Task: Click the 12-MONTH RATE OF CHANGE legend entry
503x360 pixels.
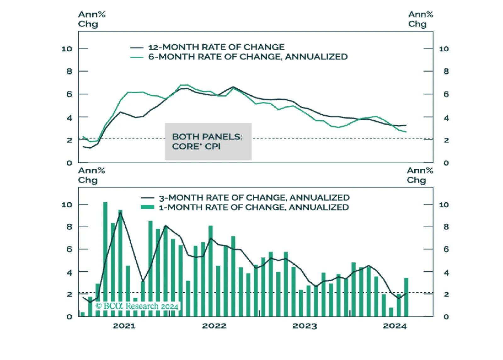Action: [207, 47]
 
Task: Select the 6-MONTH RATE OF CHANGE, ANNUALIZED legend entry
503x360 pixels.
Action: [239, 57]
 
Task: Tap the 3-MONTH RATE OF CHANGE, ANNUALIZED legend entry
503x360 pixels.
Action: [245, 198]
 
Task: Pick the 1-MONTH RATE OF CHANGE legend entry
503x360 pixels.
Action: [245, 207]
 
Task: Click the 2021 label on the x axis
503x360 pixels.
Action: [124, 326]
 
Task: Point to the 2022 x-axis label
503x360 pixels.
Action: [214, 326]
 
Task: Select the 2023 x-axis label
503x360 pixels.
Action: [304, 326]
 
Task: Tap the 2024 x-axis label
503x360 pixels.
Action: [395, 326]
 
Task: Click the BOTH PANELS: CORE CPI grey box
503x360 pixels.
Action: [208, 141]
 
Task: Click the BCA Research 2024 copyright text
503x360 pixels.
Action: [137, 306]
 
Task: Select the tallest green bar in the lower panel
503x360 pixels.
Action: [105, 259]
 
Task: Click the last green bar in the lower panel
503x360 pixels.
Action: [406, 297]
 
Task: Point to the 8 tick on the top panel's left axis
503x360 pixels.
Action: [69, 71]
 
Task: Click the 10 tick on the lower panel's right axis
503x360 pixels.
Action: [444, 205]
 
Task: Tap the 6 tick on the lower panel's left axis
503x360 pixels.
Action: [69, 249]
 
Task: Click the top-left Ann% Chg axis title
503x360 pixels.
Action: [92, 19]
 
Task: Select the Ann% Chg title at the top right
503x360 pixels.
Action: [421, 19]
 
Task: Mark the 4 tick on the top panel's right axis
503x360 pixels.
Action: [446, 118]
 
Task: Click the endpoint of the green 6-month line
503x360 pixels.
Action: [406, 132]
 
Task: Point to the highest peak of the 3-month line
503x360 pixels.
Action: [120, 212]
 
